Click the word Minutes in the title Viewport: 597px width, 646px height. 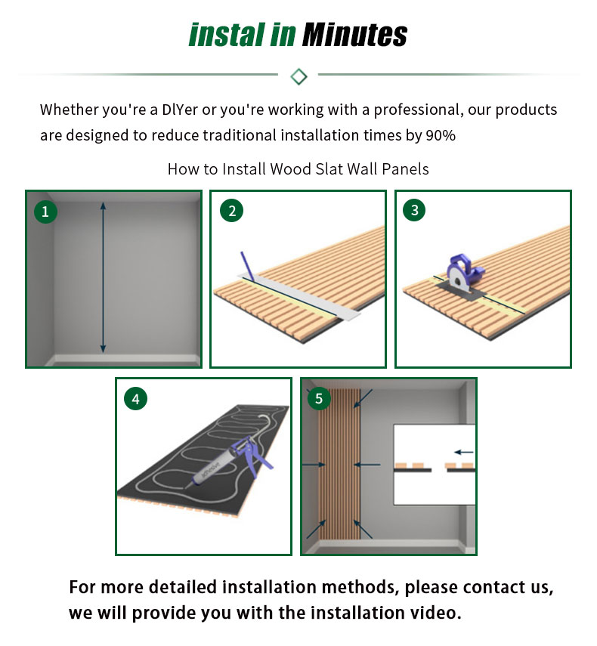point(354,35)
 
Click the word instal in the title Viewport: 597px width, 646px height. point(226,35)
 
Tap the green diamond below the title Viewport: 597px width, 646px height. point(298,76)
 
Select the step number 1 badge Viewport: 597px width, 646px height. point(45,212)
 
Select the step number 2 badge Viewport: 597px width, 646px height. point(231,211)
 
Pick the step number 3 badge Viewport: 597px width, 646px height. point(414,210)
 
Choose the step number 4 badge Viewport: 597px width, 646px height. point(135,398)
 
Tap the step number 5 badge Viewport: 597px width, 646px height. point(318,398)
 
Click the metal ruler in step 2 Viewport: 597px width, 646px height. point(299,296)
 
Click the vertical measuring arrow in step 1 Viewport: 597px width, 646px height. point(103,277)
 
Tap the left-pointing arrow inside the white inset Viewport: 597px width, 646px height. point(463,452)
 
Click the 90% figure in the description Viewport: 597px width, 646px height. point(441,135)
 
